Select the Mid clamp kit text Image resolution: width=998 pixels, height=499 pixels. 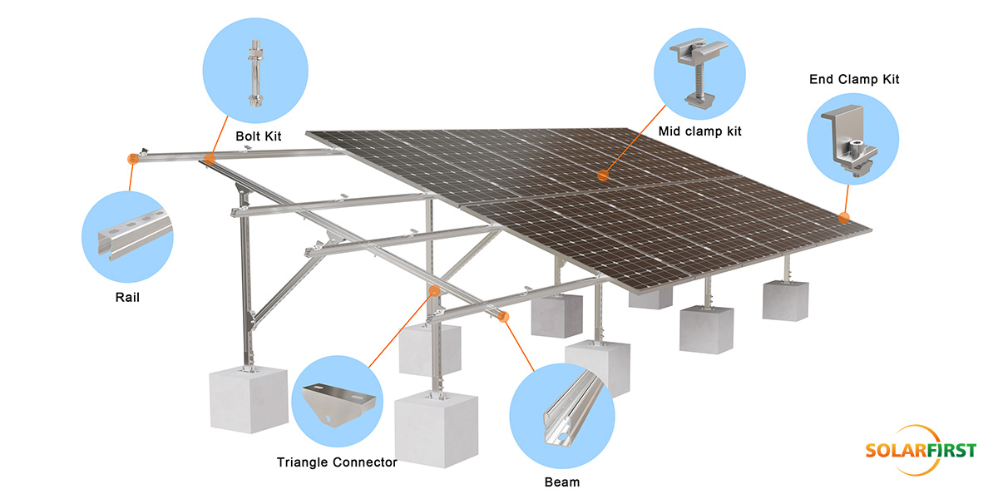[699, 131]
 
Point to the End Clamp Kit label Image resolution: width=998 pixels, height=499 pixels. [854, 80]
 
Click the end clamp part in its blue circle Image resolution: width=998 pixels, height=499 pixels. [851, 141]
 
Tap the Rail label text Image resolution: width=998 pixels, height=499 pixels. [128, 298]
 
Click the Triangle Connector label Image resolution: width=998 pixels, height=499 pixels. [337, 462]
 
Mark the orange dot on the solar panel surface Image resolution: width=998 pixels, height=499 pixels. [602, 175]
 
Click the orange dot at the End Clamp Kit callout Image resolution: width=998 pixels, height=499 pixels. [843, 218]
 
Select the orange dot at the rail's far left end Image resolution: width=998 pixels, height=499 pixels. [131, 157]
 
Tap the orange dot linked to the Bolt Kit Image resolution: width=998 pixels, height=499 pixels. [210, 156]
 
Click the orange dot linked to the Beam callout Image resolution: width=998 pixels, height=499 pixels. [503, 315]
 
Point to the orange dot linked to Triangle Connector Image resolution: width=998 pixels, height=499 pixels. [433, 289]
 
